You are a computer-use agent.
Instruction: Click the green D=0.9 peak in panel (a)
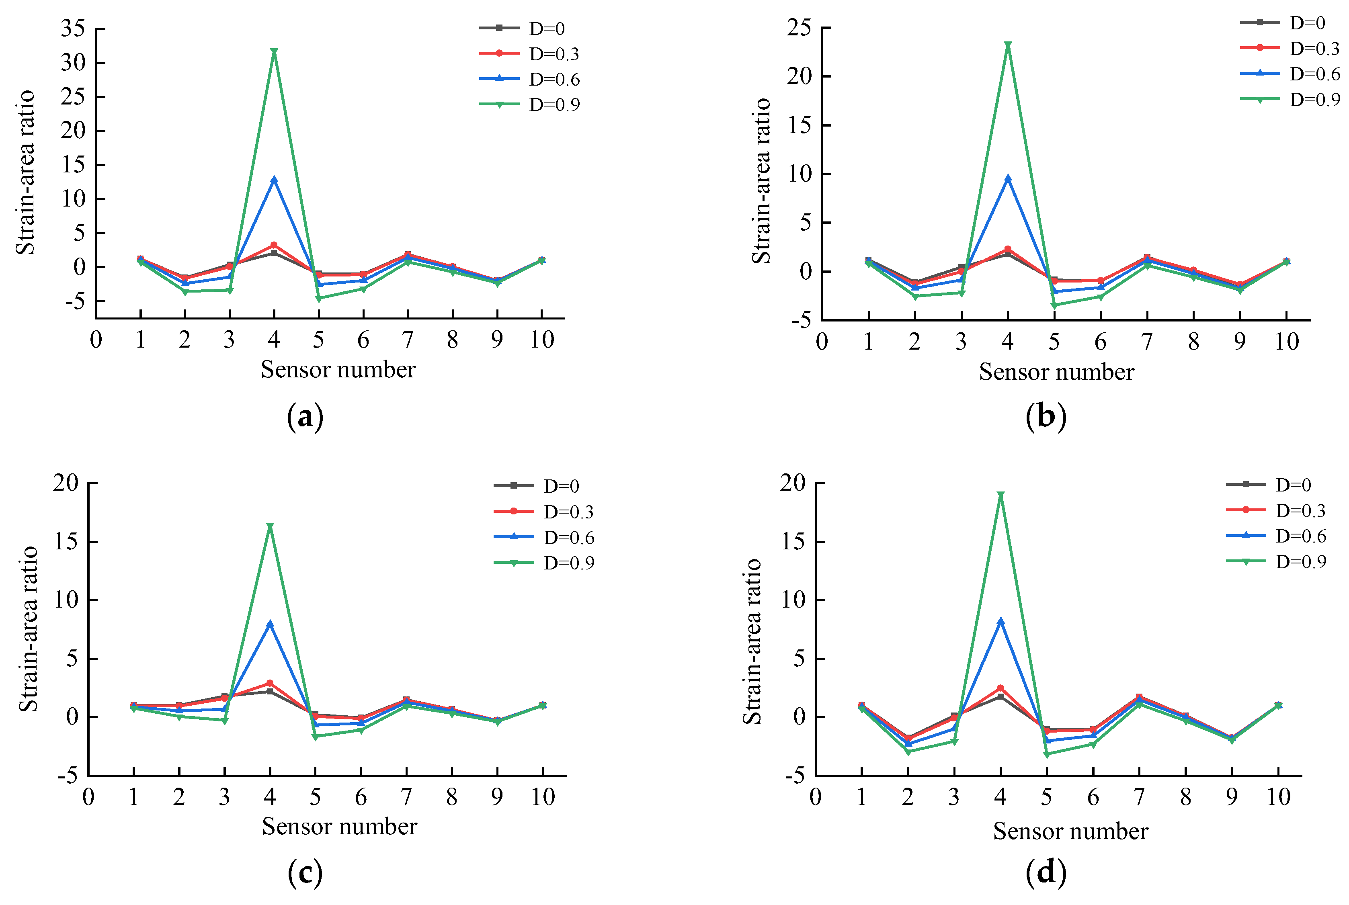click(274, 52)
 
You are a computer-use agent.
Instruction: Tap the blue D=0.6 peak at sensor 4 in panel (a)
click(274, 180)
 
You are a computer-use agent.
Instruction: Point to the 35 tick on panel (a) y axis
click(73, 28)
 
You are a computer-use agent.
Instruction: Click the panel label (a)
click(305, 416)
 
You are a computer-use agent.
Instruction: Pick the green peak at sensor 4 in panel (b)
click(1008, 45)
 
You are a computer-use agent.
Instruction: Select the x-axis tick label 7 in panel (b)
click(1147, 342)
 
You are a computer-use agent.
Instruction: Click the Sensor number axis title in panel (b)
click(1056, 372)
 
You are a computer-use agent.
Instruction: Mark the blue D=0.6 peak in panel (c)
click(270, 624)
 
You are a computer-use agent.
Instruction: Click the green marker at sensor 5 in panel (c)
click(315, 737)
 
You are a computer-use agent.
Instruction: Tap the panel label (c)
click(305, 873)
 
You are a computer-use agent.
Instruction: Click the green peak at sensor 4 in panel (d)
click(1000, 495)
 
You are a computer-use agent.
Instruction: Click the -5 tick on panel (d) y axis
click(794, 775)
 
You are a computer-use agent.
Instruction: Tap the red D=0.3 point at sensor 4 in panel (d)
click(1000, 688)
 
